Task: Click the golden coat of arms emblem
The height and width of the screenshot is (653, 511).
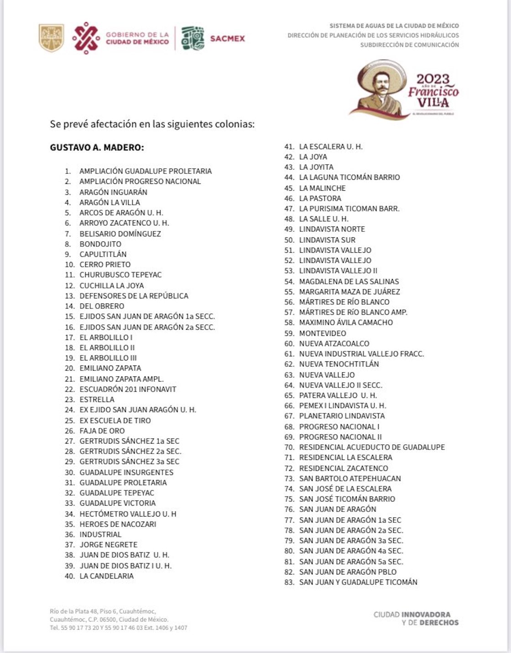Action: (51, 38)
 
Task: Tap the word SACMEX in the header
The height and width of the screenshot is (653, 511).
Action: (227, 38)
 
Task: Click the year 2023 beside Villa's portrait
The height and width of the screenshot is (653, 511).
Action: (433, 79)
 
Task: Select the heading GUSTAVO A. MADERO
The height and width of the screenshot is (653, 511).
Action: (97, 148)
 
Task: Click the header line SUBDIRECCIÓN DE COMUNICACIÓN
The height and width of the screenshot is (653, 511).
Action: (409, 45)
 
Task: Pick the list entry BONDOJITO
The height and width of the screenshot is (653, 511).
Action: (100, 244)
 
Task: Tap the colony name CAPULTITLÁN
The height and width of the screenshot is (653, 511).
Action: (103, 254)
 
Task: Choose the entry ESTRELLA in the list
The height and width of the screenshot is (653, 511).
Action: (97, 399)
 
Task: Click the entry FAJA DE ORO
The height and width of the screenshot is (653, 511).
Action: (102, 431)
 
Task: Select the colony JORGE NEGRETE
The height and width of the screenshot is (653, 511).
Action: (108, 544)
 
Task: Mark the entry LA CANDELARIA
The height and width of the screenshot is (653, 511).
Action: (106, 576)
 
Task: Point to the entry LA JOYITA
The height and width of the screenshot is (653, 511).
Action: (316, 167)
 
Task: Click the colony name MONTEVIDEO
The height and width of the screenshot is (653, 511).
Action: (323, 333)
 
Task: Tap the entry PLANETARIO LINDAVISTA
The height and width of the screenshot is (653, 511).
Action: (342, 416)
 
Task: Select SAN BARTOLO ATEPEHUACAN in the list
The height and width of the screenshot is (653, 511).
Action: (350, 478)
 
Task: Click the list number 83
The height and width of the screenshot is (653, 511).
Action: (289, 582)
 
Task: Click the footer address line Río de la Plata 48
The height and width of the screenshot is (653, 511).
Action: (103, 611)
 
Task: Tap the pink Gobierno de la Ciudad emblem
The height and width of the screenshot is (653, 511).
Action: (86, 38)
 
